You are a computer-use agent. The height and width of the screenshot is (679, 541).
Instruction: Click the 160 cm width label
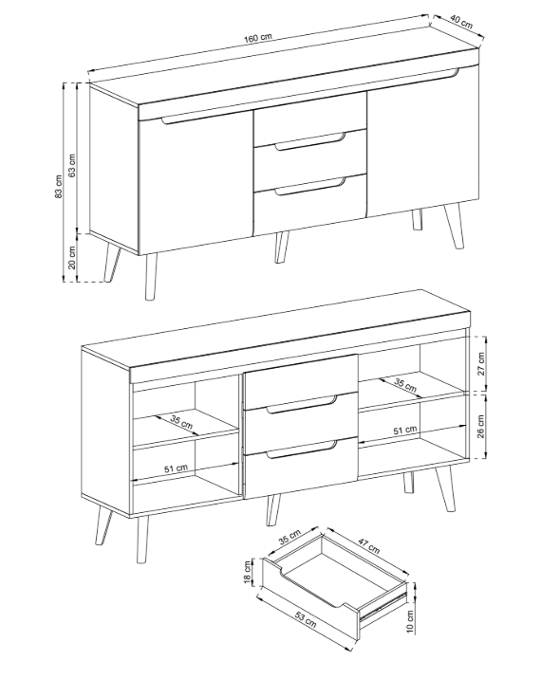click(257, 38)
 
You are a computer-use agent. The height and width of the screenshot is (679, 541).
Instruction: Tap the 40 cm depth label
click(461, 22)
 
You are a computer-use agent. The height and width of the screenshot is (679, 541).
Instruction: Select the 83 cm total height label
click(59, 186)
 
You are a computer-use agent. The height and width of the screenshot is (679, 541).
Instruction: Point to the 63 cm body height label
click(72, 165)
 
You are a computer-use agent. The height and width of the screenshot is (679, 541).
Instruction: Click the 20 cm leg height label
click(72, 257)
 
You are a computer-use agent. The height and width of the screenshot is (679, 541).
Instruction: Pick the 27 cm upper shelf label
click(481, 364)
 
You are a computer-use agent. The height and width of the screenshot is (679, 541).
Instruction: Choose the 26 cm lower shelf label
click(481, 427)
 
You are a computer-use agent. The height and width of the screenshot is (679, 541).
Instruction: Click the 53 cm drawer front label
click(306, 619)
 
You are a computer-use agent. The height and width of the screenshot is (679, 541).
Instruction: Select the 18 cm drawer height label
click(248, 572)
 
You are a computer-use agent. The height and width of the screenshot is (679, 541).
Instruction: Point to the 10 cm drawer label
click(410, 621)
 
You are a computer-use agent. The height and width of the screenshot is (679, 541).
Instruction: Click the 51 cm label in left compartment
click(176, 468)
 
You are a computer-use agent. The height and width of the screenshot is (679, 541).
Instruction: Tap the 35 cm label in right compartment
click(405, 385)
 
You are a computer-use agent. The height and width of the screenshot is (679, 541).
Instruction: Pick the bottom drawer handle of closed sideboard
click(310, 187)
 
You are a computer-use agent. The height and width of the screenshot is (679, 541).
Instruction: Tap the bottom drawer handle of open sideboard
click(302, 450)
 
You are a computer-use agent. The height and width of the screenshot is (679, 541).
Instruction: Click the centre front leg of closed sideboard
click(281, 247)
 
